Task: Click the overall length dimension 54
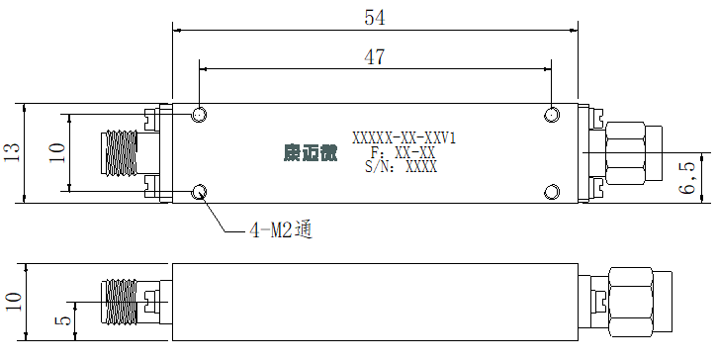(375, 18)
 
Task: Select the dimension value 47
(375, 57)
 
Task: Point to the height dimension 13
(12, 152)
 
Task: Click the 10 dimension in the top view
(57, 152)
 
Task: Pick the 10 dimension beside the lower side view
(14, 302)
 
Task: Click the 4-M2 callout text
(281, 229)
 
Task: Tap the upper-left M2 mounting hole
(199, 115)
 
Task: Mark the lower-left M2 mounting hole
(199, 192)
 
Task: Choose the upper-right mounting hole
(552, 115)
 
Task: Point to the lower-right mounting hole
(552, 192)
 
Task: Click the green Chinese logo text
(311, 152)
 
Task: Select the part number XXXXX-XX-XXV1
(403, 137)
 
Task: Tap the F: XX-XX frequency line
(403, 152)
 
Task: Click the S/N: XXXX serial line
(402, 166)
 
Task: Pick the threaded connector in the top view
(119, 152)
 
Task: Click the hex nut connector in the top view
(626, 152)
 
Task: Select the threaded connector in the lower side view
(119, 302)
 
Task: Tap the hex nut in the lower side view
(630, 302)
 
